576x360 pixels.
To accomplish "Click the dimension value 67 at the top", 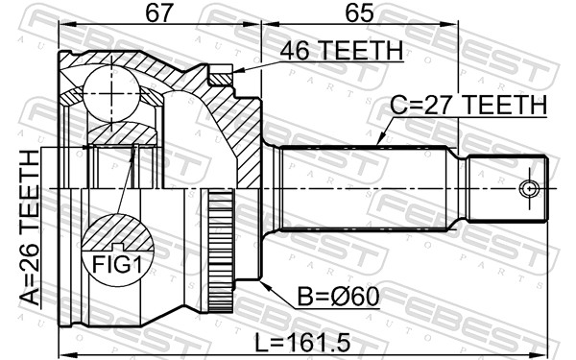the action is [159, 12].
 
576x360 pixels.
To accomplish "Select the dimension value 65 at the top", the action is [359, 12].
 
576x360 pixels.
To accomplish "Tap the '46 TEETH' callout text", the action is [341, 51].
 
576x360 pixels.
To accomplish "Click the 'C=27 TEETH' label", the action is [468, 105].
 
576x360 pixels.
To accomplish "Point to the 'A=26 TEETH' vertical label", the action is [30, 227].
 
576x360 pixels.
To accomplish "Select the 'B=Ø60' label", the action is [338, 297].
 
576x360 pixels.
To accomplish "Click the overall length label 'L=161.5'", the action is [302, 343].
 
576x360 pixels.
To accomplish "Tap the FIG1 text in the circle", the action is [117, 264].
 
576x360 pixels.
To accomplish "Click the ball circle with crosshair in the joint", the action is [111, 94].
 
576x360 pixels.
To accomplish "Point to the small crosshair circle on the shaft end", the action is [529, 189].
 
